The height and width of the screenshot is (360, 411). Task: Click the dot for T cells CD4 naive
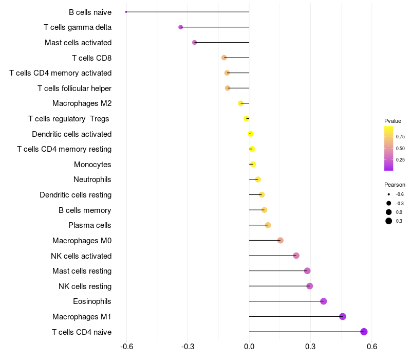pyautogui.click(x=364, y=332)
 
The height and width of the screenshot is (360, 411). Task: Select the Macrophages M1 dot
pyautogui.click(x=343, y=316)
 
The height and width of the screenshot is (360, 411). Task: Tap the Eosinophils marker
pyautogui.click(x=323, y=301)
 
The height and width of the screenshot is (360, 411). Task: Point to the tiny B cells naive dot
pyautogui.click(x=126, y=12)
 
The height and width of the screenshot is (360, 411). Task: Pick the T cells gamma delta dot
pyautogui.click(x=180, y=27)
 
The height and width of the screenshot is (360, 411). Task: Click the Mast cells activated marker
pyautogui.click(x=194, y=42)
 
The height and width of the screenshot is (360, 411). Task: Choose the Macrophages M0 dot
pyautogui.click(x=280, y=240)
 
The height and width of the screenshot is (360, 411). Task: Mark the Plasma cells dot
pyautogui.click(x=268, y=225)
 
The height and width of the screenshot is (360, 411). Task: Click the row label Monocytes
pyautogui.click(x=92, y=165)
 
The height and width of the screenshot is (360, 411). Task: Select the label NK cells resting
pyautogui.click(x=85, y=286)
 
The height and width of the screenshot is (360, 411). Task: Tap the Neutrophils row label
pyautogui.click(x=92, y=179)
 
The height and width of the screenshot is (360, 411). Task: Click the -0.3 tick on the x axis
pyautogui.click(x=188, y=347)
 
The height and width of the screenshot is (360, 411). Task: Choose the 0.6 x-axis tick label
pyautogui.click(x=372, y=347)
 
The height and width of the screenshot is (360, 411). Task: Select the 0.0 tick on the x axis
pyautogui.click(x=249, y=347)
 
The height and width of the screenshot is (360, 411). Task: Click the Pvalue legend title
pyautogui.click(x=393, y=121)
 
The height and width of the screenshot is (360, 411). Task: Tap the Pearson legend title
pyautogui.click(x=395, y=185)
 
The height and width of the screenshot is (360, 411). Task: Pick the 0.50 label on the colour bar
pyautogui.click(x=400, y=148)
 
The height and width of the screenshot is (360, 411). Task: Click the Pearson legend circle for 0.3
pyautogui.click(x=389, y=221)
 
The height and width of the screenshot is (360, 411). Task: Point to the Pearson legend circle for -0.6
pyautogui.click(x=389, y=194)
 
